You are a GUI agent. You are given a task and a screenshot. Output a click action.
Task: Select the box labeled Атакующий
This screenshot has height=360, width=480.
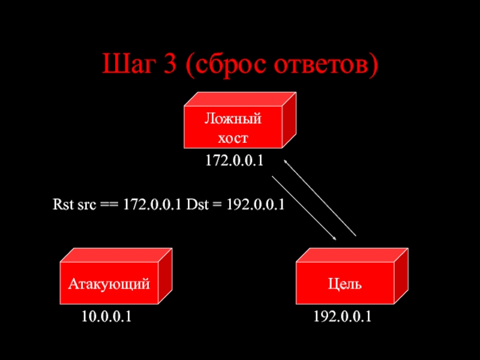tap(108, 283)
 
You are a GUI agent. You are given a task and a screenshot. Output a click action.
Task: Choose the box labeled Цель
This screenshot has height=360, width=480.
tap(344, 283)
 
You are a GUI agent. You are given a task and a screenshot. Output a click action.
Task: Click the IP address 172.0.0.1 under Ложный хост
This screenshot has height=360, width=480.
tap(235, 161)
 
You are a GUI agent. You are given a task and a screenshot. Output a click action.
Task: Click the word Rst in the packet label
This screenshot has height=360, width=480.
tap(61, 205)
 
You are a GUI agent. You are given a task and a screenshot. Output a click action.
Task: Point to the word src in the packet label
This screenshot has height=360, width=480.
tap(84, 205)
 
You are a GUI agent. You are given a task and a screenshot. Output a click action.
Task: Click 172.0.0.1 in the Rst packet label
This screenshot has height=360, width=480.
tap(152, 205)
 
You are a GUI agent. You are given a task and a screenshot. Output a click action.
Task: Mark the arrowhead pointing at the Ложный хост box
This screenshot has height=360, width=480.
tap(286, 161)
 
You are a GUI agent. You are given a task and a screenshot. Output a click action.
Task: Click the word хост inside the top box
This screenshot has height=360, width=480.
tap(233, 137)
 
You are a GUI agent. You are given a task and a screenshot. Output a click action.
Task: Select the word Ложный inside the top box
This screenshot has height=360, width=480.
tap(233, 118)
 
